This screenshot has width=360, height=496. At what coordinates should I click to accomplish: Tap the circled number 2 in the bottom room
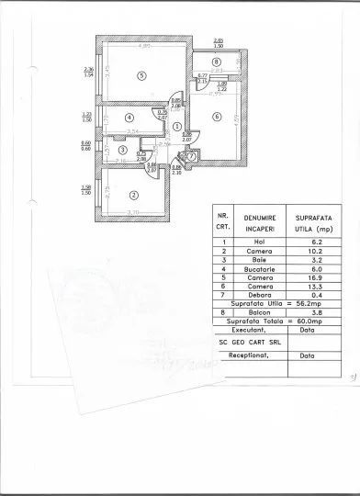[x=134, y=194]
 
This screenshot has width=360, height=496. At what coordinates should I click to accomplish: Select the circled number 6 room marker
[x=216, y=116]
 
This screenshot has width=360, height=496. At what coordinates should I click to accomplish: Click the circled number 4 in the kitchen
[x=130, y=118]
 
